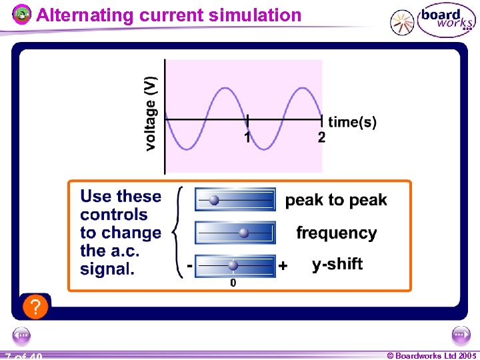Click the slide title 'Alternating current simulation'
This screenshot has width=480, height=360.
(x=169, y=15)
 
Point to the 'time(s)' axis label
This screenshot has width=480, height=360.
(x=352, y=122)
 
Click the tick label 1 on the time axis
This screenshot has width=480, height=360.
(x=247, y=137)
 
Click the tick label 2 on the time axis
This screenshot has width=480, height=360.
(x=321, y=137)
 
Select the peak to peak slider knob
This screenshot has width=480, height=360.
(x=214, y=199)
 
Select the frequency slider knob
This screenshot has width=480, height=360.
(x=244, y=232)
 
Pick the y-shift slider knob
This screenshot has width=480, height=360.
(x=233, y=265)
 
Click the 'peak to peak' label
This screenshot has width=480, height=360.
(x=336, y=201)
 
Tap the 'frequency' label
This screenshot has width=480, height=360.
(x=336, y=233)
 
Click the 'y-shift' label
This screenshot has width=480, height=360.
(x=337, y=264)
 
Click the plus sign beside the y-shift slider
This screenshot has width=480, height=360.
(x=283, y=266)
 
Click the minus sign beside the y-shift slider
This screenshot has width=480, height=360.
(x=190, y=265)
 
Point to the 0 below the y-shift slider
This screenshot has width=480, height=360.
(x=233, y=283)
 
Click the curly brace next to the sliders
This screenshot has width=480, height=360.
(x=178, y=231)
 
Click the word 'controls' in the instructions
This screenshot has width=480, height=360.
(x=114, y=215)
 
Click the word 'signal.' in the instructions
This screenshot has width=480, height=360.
(x=107, y=269)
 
